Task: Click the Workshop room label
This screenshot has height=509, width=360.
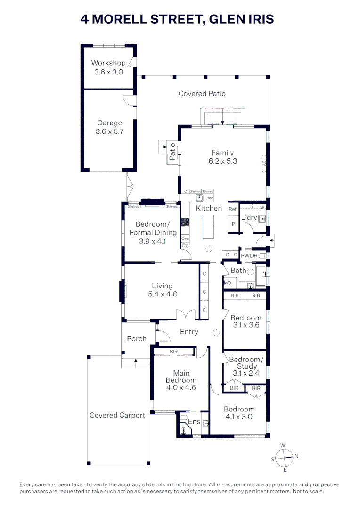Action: [108, 63]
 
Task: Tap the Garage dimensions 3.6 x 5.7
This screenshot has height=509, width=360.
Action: [109, 132]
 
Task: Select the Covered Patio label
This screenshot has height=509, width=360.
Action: [202, 94]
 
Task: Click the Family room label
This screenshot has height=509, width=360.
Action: [222, 153]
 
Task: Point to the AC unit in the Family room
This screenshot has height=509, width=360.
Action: [263, 163]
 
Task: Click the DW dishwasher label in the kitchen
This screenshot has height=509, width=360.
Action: [209, 198]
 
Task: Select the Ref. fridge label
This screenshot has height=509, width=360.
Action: [232, 209]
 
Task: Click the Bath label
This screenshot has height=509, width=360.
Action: [238, 271]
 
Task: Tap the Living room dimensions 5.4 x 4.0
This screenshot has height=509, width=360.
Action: [162, 294]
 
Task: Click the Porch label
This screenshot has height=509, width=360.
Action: [137, 338]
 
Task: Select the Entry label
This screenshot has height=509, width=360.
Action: [189, 332]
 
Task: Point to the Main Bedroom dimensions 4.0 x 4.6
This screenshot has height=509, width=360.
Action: [181, 387]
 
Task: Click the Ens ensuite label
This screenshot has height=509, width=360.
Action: [194, 422]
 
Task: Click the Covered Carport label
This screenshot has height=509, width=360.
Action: [117, 415]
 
